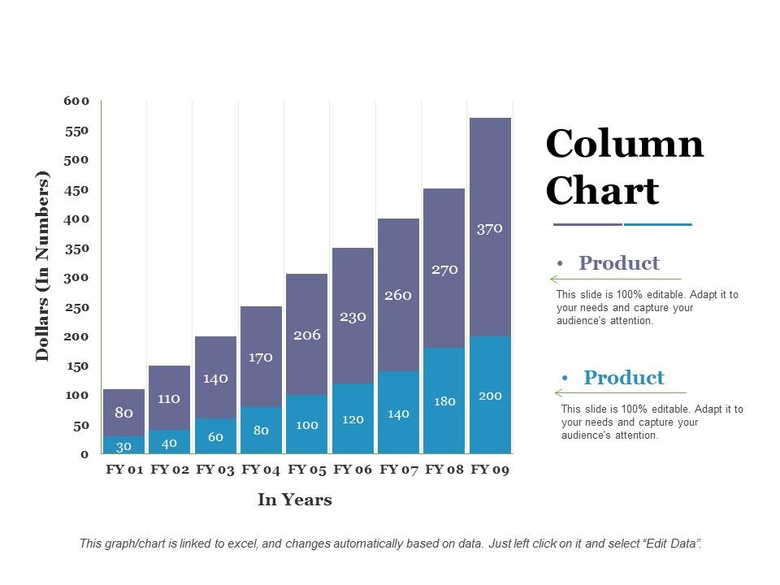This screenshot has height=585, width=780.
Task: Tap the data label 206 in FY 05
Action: coord(307,335)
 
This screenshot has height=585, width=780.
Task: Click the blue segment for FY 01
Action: coord(123,445)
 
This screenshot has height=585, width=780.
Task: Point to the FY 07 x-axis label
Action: coord(399,470)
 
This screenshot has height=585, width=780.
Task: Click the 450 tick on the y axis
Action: coord(76,189)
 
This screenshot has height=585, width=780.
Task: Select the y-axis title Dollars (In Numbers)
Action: coord(42,266)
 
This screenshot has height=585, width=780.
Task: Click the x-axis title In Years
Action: coord(295,500)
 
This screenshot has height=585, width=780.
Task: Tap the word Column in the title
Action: coord(624,145)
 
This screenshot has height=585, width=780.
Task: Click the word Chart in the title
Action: coord(602,192)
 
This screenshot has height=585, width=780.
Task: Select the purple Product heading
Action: coord(618,263)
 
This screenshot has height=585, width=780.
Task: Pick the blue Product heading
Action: coord(623,378)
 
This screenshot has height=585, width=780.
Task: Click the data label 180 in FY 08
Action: coord(444,401)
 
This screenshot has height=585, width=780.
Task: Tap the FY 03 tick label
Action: coord(215,470)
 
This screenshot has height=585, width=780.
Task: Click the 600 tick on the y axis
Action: coord(76,101)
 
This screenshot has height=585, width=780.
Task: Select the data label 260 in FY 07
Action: coord(398,295)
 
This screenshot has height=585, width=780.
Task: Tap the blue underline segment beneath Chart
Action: coord(658,224)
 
